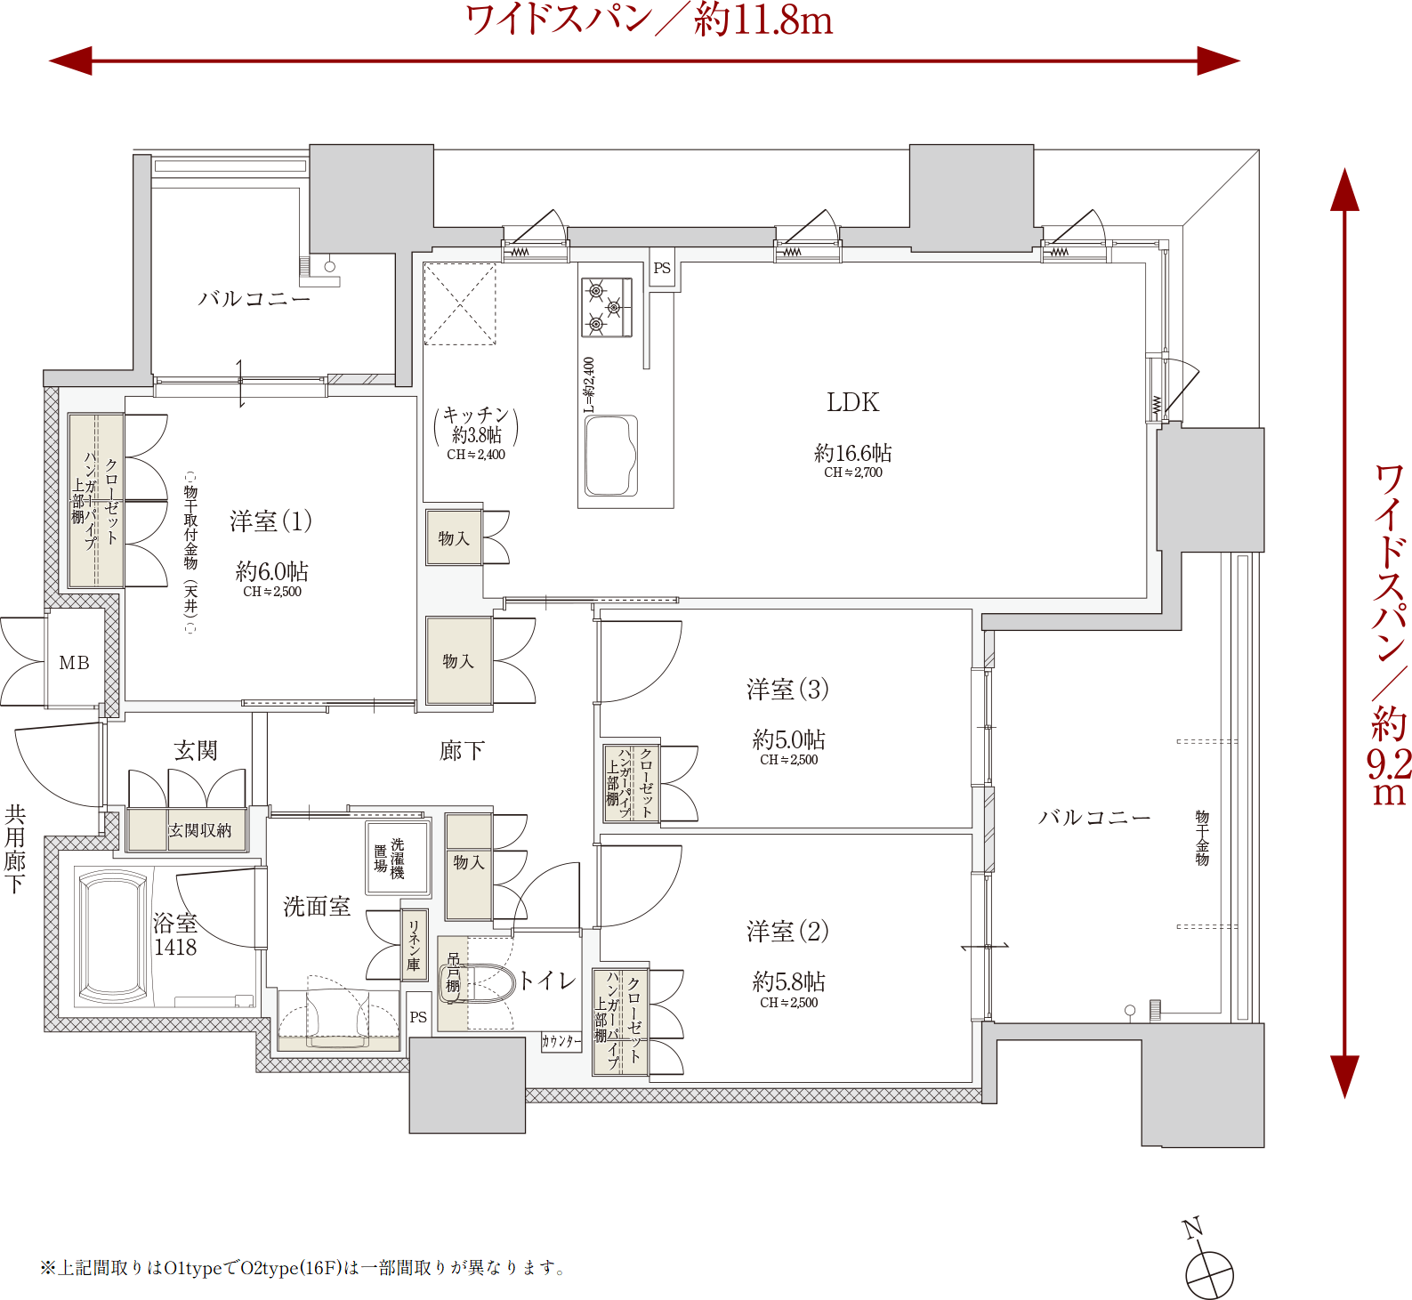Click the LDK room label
tap(852, 402)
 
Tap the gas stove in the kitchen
tap(607, 308)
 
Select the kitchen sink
tap(611, 456)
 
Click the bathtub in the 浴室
tap(113, 936)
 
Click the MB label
tap(75, 663)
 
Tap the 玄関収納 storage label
tap(200, 830)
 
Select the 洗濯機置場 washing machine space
tap(398, 858)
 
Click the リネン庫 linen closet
tap(414, 945)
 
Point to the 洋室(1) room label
tap(271, 521)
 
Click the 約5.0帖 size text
tap(789, 739)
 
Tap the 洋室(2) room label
tap(788, 932)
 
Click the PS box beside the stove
tap(662, 268)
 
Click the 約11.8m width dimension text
tap(763, 20)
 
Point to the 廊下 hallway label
tap(462, 751)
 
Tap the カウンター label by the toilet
tap(561, 1041)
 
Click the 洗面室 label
tap(317, 907)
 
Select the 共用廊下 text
tap(15, 849)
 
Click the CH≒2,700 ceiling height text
tap(853, 472)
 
